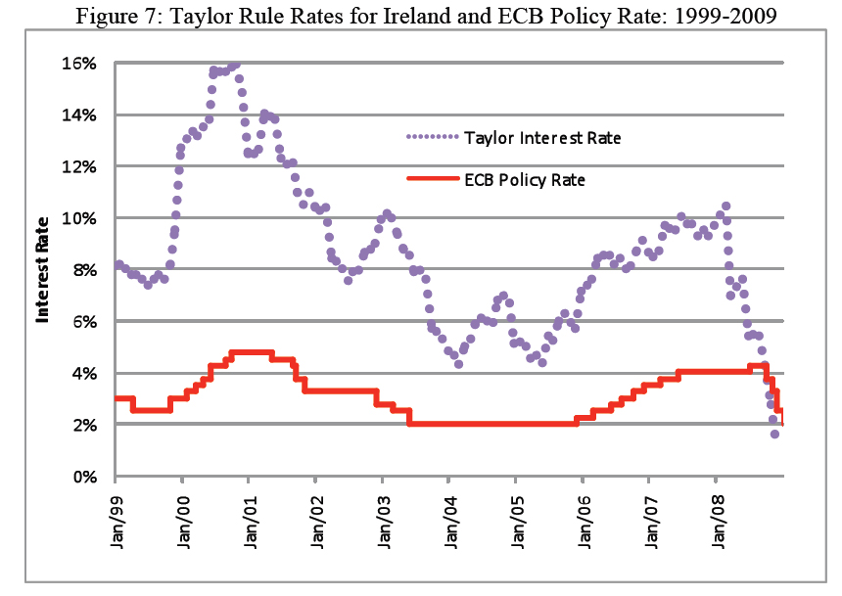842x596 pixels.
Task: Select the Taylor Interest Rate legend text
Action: click(542, 138)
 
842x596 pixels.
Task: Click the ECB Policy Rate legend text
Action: click(525, 179)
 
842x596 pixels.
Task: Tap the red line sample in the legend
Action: click(432, 179)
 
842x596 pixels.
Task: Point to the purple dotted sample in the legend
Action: click(432, 138)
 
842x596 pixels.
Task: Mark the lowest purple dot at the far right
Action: click(774, 434)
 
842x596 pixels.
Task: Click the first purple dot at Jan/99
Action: click(118, 264)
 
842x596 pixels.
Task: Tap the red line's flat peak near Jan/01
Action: click(250, 352)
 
